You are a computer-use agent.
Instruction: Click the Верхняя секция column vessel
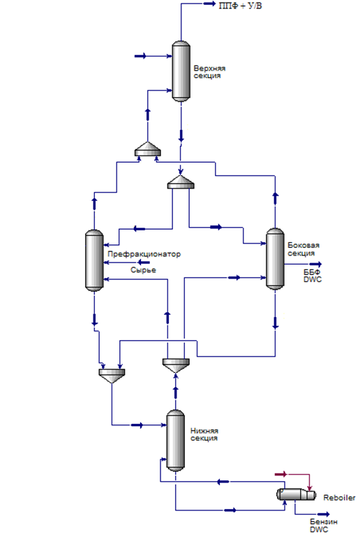click(181, 71)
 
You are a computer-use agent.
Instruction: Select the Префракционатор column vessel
click(94, 260)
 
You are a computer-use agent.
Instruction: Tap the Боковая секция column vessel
click(275, 259)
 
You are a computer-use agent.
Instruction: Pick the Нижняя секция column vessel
click(176, 440)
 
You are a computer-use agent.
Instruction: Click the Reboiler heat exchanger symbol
click(296, 494)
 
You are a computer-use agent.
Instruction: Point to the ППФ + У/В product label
click(241, 6)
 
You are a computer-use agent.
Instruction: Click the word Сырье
click(143, 270)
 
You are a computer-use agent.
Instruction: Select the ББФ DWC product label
click(313, 276)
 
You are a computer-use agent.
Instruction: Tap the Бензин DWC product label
click(324, 525)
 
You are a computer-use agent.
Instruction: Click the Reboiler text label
click(339, 498)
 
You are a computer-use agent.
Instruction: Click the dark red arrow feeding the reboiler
click(281, 474)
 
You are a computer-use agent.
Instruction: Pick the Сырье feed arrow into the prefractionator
click(144, 263)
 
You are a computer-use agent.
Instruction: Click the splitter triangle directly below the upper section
click(181, 182)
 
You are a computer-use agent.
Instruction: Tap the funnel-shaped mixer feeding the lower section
click(112, 376)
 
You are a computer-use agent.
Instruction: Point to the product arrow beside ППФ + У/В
click(209, 3)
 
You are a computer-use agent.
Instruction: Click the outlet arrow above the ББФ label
click(315, 264)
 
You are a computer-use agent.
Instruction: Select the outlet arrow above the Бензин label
click(323, 514)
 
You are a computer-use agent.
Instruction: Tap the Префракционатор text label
click(144, 254)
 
